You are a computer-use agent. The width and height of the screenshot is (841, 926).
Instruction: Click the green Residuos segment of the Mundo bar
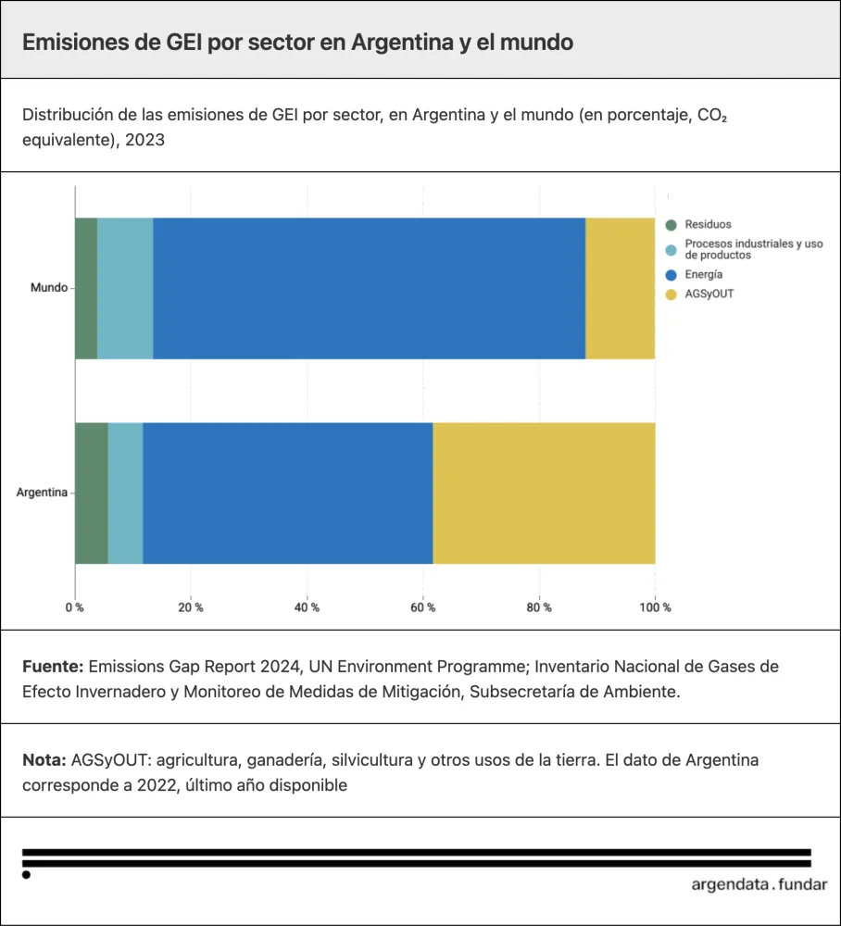86,288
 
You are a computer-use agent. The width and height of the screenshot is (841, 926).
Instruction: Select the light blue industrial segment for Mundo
125,288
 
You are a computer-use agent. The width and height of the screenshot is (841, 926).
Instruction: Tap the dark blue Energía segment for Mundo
369,288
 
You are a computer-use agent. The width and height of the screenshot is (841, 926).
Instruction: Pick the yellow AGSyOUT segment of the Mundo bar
620,288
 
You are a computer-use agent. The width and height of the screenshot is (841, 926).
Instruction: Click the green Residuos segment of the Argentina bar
92,493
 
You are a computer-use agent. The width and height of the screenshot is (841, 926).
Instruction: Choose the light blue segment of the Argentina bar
126,493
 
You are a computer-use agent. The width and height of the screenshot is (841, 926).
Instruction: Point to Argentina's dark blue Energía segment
287,493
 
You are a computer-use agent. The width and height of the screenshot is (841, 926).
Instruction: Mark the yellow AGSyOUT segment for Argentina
544,493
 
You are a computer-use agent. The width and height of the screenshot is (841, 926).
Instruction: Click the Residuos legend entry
708,224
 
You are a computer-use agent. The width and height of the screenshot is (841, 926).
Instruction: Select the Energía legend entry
704,274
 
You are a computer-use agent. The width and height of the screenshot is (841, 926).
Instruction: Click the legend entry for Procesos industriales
753,249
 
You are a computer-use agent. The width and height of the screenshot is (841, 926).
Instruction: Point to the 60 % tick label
423,607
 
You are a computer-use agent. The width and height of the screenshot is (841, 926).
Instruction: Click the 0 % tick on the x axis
74,607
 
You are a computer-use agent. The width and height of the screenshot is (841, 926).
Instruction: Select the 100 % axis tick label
655,607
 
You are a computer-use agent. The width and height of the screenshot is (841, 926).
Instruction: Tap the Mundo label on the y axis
48,288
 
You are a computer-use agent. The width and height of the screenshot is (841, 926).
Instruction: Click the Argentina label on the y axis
42,493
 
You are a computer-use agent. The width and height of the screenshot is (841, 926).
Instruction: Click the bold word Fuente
53,667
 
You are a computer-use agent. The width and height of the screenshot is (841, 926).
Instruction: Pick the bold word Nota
44,760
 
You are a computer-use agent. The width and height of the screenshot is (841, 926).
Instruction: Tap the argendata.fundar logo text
759,883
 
